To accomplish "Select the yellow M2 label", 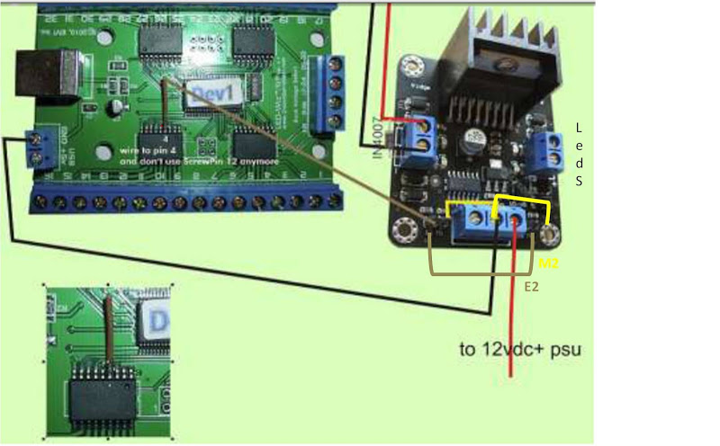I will point(548,264).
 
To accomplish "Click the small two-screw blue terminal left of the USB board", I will point(39,148).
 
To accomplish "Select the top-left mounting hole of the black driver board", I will point(413,66).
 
